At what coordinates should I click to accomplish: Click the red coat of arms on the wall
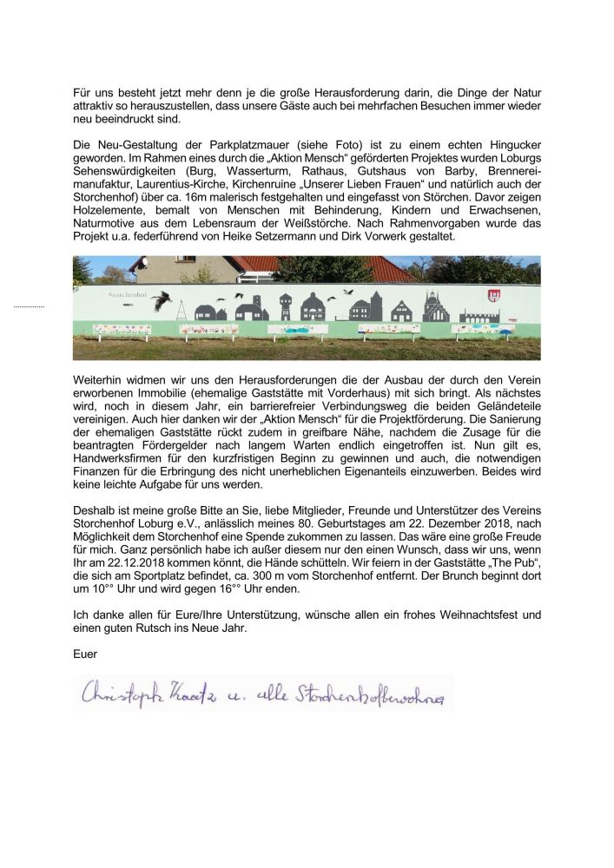[495, 297]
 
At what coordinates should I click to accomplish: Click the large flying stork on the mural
[160, 301]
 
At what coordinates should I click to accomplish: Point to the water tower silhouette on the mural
[286, 306]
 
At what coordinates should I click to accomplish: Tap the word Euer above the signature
[84, 647]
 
